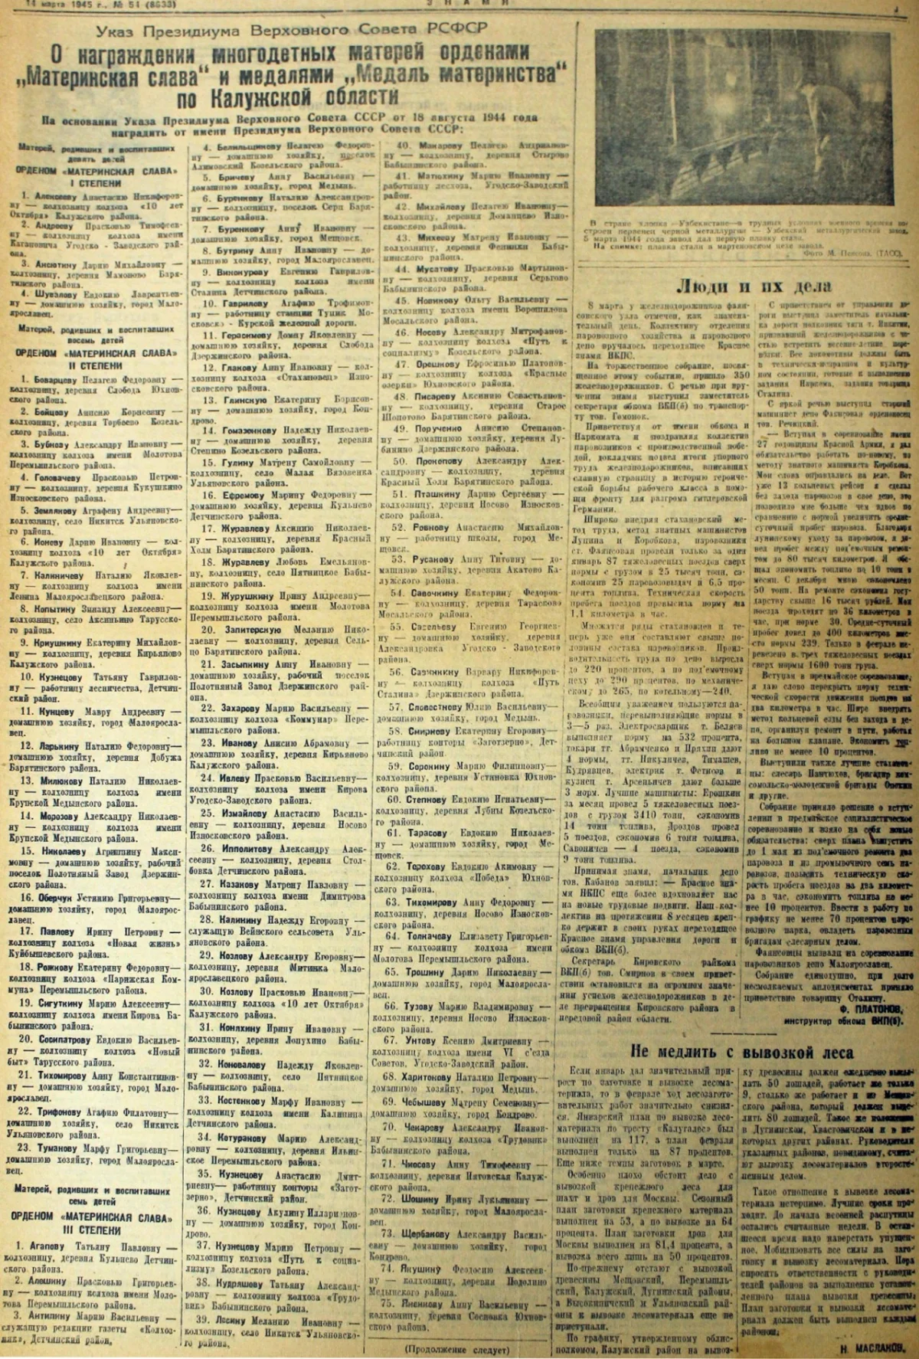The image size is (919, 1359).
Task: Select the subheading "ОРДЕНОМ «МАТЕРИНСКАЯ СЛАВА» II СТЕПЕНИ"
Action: (94, 359)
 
